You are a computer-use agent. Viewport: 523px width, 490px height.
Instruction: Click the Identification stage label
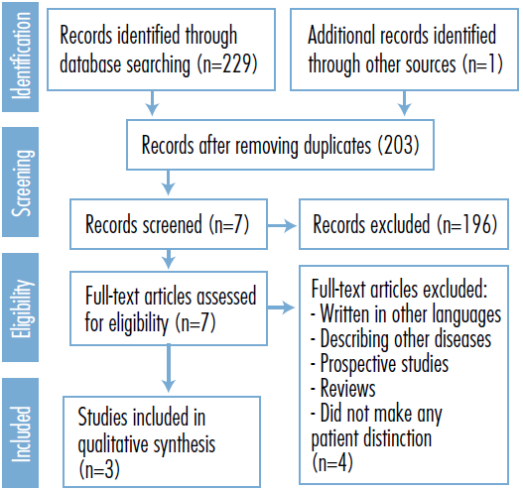point(21,56)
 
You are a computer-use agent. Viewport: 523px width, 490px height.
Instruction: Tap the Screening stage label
point(22,183)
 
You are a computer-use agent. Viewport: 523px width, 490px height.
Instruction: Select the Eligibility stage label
point(22,307)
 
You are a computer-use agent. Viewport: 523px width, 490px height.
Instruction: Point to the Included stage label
point(21,433)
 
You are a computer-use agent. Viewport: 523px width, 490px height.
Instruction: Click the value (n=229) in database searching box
point(227,64)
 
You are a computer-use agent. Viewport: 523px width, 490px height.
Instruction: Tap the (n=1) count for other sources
point(482,64)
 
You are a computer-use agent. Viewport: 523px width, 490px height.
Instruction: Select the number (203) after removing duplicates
point(398,146)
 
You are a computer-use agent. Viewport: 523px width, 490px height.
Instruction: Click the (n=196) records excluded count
point(467,224)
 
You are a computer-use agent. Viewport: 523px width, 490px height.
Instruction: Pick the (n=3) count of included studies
point(99,469)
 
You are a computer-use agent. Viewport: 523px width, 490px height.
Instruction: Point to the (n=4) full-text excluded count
point(332,462)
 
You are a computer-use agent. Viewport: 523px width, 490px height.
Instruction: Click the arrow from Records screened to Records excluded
point(282,226)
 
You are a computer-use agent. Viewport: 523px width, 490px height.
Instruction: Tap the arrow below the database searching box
point(152,103)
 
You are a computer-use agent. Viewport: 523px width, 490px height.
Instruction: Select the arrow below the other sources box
point(404,103)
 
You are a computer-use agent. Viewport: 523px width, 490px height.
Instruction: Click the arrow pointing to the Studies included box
point(169,368)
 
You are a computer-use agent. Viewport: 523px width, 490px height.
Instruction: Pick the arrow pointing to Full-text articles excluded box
point(281,307)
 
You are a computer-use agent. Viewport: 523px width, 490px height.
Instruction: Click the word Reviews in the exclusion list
point(348,389)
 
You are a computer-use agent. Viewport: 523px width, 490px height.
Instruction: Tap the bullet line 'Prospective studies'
point(379,363)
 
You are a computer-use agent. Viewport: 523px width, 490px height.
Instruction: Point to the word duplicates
point(337,146)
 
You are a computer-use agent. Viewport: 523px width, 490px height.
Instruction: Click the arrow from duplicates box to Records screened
point(168,183)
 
